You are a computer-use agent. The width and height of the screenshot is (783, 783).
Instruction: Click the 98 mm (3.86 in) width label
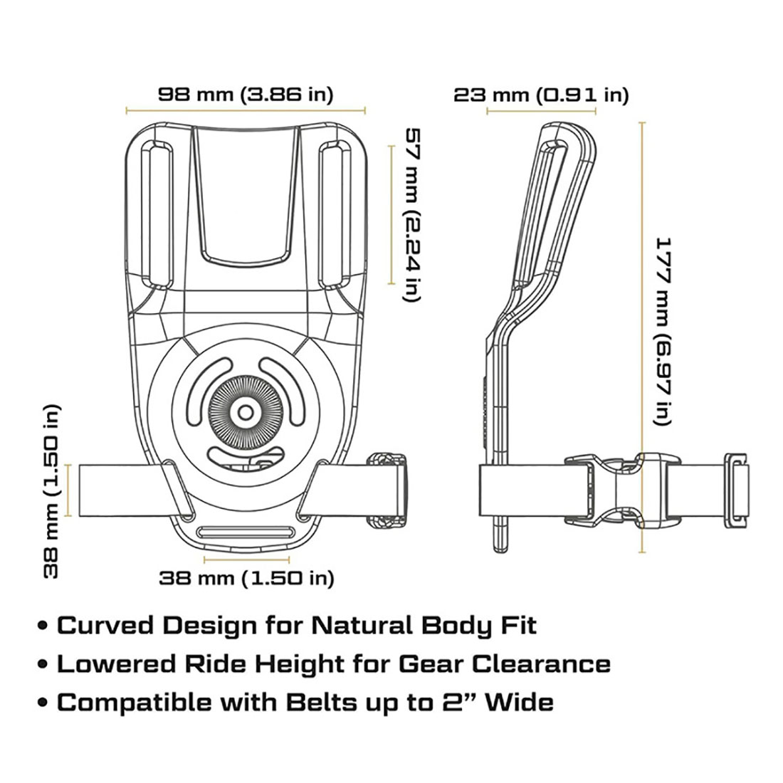pyautogui.click(x=245, y=93)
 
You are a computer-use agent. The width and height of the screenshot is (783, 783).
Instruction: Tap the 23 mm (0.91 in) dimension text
pyautogui.click(x=541, y=94)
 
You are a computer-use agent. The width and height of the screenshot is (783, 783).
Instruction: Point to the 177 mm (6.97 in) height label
pyautogui.click(x=663, y=330)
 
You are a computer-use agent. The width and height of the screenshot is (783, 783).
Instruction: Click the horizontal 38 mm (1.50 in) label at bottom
pyautogui.click(x=246, y=578)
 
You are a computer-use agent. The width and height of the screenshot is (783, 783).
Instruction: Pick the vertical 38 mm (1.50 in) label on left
pyautogui.click(x=51, y=491)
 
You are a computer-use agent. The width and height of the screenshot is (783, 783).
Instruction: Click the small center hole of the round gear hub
pyautogui.click(x=245, y=412)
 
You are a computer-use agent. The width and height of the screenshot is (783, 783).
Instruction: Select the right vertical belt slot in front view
pyautogui.click(x=332, y=214)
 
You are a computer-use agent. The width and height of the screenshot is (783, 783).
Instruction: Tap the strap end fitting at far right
pyautogui.click(x=737, y=491)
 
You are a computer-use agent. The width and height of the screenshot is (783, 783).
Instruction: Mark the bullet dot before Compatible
pyautogui.click(x=44, y=703)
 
